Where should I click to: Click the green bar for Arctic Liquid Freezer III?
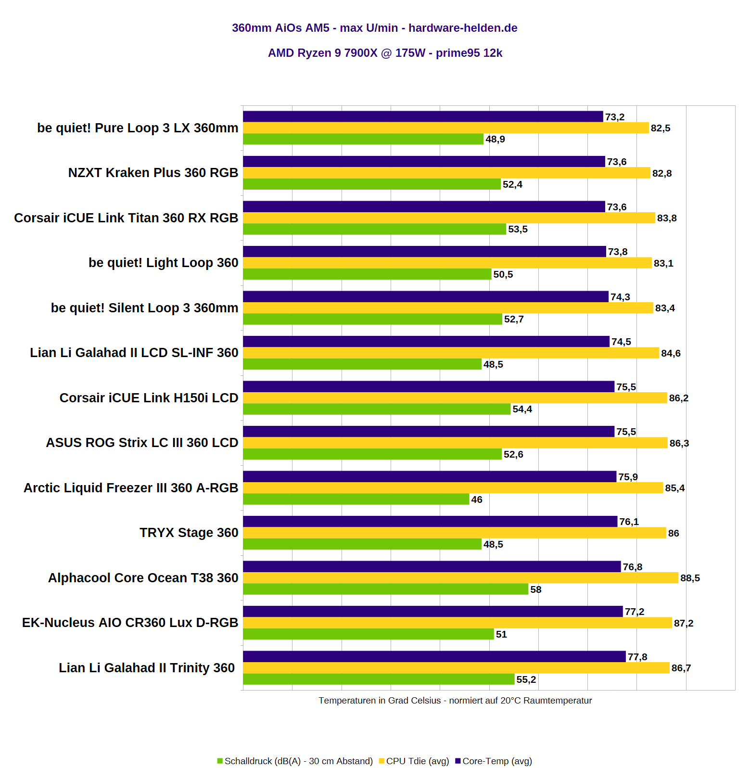(x=356, y=499)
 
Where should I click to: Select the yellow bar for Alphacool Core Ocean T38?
(x=460, y=578)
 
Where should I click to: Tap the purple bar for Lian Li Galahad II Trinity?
(x=434, y=656)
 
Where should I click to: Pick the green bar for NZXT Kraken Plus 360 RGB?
(x=371, y=184)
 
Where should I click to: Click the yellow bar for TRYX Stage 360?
(x=454, y=533)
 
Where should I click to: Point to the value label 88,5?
(x=690, y=578)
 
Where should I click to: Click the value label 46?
(x=477, y=499)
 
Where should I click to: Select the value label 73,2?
(x=615, y=117)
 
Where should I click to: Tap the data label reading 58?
(x=536, y=589)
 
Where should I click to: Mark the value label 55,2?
(x=526, y=679)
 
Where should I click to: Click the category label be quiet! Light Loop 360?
(x=164, y=263)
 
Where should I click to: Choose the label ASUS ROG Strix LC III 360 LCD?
(x=142, y=443)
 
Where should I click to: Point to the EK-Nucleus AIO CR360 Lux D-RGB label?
(x=130, y=623)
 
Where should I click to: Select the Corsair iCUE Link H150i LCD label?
(x=149, y=398)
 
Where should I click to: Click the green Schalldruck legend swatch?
(x=220, y=761)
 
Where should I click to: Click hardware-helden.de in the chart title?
(x=463, y=28)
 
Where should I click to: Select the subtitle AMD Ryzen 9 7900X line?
(x=385, y=53)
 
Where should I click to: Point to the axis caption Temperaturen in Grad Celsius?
(x=455, y=701)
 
